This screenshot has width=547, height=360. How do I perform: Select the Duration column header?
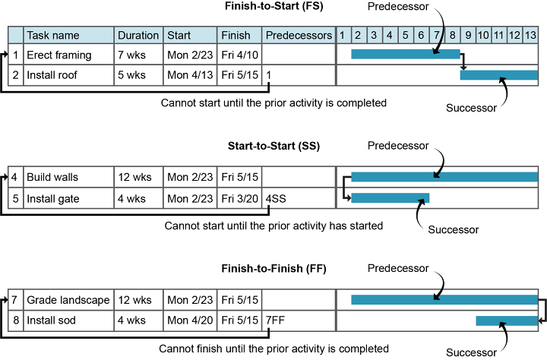tap(138, 35)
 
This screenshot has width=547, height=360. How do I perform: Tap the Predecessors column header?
tap(299, 35)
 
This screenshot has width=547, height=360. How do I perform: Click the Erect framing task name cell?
tap(68, 55)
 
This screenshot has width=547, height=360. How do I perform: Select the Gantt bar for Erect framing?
tap(405, 55)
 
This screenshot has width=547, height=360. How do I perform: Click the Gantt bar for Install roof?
tap(498, 74)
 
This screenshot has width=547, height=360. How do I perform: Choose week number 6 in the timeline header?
tap(420, 35)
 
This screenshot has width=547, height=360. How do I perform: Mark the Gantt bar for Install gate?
tap(390, 197)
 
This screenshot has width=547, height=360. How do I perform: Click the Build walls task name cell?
tap(68, 177)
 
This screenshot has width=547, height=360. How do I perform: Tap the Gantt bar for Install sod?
tap(506, 321)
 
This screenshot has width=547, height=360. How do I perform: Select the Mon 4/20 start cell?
tap(190, 321)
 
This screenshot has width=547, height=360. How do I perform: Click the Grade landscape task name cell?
tap(68, 300)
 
